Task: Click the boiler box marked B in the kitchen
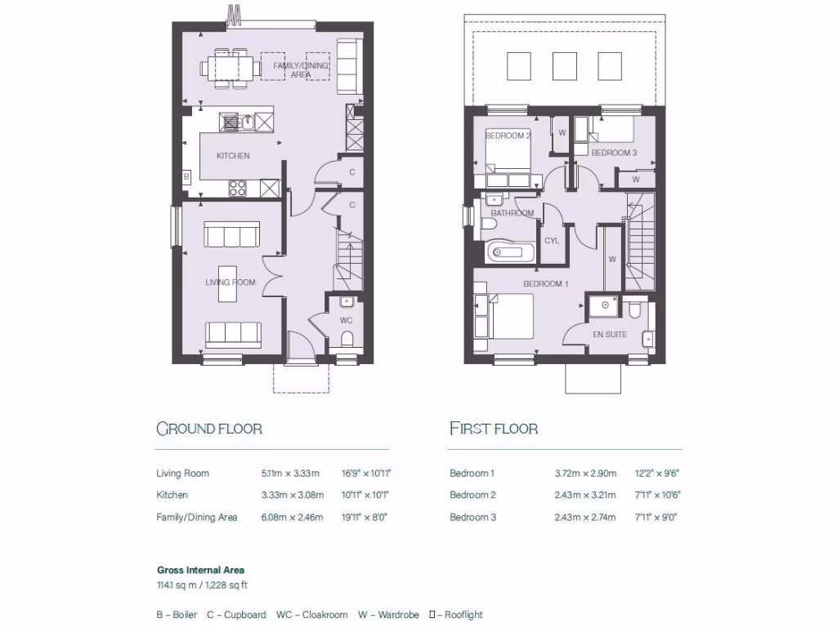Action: [x=186, y=176]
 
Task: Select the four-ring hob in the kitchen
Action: [x=238, y=188]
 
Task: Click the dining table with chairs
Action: [x=233, y=66]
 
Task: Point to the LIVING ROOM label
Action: [x=230, y=282]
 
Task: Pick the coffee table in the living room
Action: [x=231, y=283]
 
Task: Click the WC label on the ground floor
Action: [x=346, y=320]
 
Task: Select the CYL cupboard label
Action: [x=552, y=241]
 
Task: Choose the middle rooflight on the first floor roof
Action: [x=565, y=66]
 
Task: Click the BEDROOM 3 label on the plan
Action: [x=613, y=153]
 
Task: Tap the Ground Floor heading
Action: [x=209, y=429]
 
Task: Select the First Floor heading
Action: [x=494, y=429]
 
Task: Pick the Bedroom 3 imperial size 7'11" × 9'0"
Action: [x=657, y=517]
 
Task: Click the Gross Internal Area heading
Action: [x=200, y=570]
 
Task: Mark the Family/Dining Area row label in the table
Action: [x=196, y=517]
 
